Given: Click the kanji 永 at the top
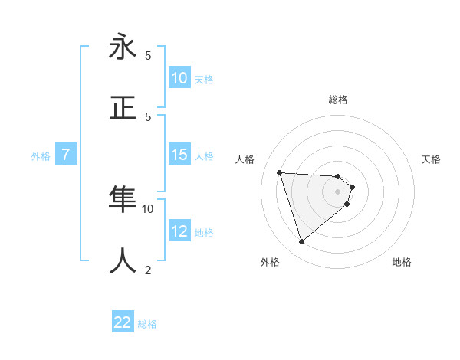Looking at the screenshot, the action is (x=123, y=47).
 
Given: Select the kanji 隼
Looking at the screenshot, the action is (x=123, y=198).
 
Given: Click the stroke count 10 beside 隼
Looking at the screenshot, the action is (x=148, y=208).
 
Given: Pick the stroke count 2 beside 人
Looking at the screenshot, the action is (x=148, y=269).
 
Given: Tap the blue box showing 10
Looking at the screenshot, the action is (x=179, y=78).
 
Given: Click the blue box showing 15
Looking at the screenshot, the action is (x=179, y=155).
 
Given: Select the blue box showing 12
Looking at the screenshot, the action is (x=179, y=231).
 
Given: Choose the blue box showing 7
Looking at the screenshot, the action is (x=65, y=155).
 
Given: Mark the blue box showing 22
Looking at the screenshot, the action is (x=123, y=323).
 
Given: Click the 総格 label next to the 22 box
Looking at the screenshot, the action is (x=147, y=324).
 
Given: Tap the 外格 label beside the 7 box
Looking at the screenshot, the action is (x=41, y=155).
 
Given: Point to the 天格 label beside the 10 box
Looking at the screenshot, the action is (x=204, y=79).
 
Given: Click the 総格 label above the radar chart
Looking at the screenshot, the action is (x=338, y=100).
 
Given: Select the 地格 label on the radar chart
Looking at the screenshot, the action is (x=402, y=262).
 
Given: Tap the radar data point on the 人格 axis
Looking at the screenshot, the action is (x=280, y=172).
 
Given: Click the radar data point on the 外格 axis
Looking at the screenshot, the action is (x=301, y=242).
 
